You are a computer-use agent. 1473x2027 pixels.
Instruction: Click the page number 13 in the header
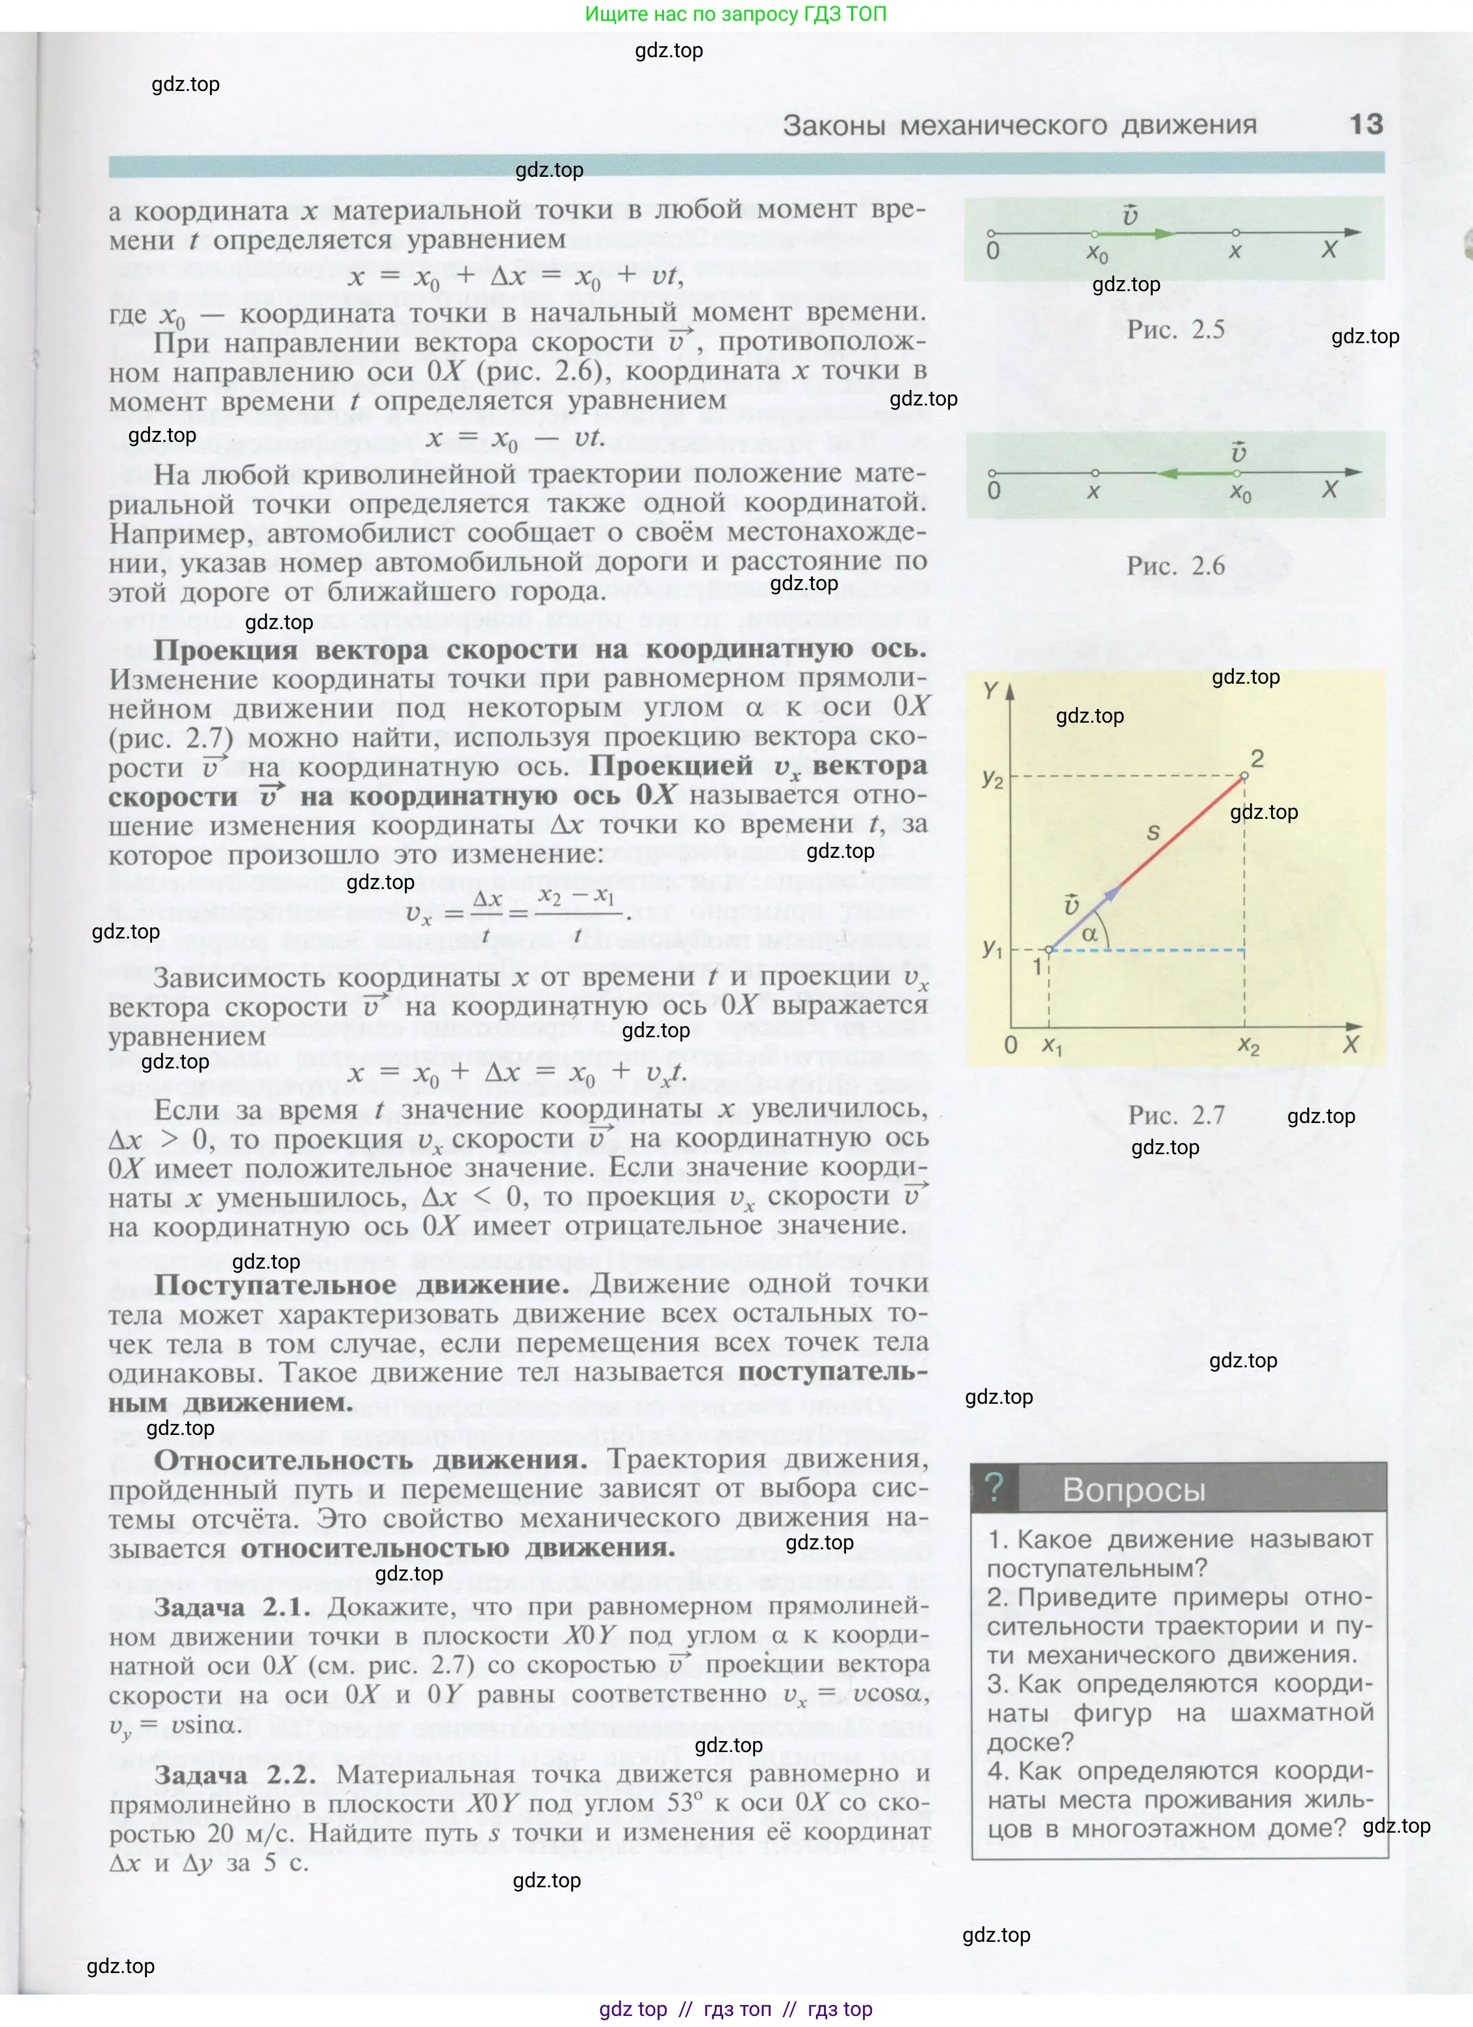[1365, 123]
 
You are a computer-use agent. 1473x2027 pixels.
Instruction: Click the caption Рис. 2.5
[1175, 329]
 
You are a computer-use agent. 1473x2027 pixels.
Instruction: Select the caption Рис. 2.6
[1175, 566]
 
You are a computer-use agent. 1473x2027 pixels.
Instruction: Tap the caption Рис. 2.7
[1176, 1115]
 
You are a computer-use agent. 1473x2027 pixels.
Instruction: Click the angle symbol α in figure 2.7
[1090, 935]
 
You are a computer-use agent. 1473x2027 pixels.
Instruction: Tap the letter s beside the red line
[1153, 833]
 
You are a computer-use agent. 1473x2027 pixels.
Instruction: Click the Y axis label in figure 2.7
[990, 690]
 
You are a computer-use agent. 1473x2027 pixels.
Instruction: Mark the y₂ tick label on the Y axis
[992, 779]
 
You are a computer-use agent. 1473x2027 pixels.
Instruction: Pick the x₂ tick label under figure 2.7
[1249, 1046]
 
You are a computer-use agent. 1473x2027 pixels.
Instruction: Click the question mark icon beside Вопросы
[994, 1486]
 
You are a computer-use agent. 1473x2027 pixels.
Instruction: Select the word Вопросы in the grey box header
[1133, 1490]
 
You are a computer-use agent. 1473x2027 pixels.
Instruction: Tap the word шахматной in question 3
[1301, 1712]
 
